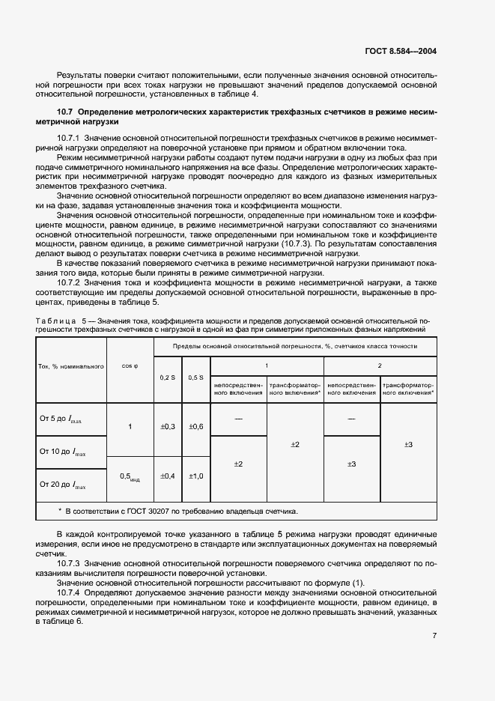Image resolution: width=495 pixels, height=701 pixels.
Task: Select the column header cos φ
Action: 130,366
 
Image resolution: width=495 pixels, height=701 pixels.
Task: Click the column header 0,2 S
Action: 167,377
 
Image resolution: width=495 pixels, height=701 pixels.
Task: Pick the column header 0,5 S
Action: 195,377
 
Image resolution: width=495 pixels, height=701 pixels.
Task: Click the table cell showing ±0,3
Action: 167,426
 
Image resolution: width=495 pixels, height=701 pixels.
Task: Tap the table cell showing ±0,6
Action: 195,426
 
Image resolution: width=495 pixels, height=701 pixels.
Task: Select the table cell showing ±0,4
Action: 167,476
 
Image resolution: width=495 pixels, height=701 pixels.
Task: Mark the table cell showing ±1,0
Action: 195,476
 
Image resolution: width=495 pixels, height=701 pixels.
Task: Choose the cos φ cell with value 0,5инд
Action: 130,476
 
